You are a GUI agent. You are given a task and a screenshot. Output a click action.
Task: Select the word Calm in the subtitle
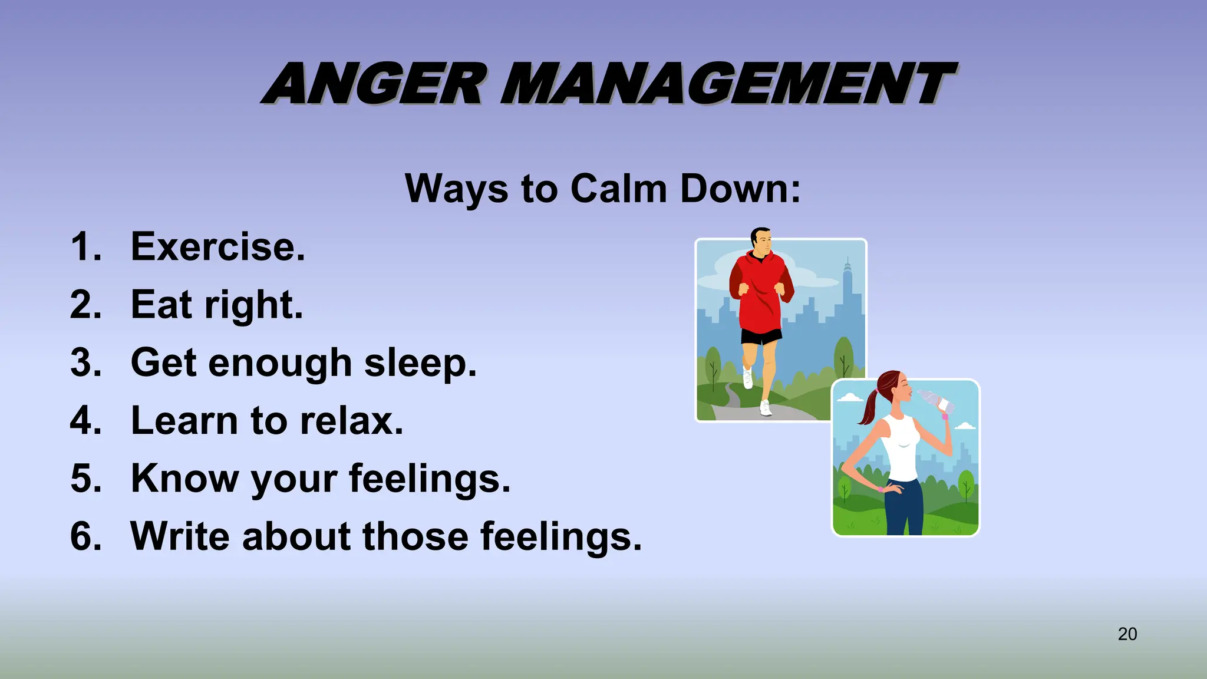(x=618, y=189)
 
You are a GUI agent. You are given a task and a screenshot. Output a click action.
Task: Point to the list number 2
(x=86, y=305)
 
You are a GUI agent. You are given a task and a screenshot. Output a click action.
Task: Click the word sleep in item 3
(x=420, y=362)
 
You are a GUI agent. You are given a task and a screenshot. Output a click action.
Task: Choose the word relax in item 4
(x=351, y=421)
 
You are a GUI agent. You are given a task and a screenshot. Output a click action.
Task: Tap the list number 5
(x=86, y=478)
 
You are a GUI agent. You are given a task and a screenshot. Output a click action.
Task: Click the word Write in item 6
(x=180, y=536)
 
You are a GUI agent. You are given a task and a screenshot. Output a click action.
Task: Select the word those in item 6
(x=415, y=536)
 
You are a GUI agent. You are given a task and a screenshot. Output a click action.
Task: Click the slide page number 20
(x=1127, y=634)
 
